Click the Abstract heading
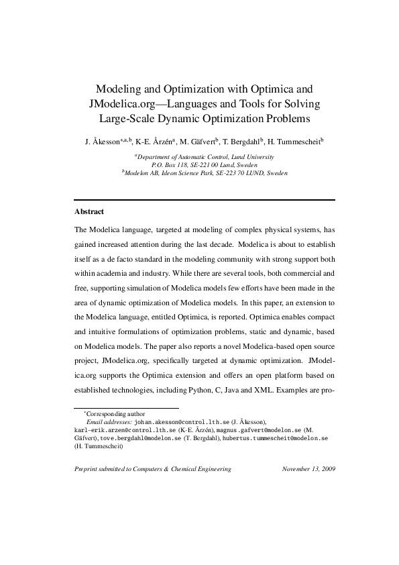[89, 211]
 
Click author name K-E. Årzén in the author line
[154, 142]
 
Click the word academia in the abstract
[111, 273]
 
